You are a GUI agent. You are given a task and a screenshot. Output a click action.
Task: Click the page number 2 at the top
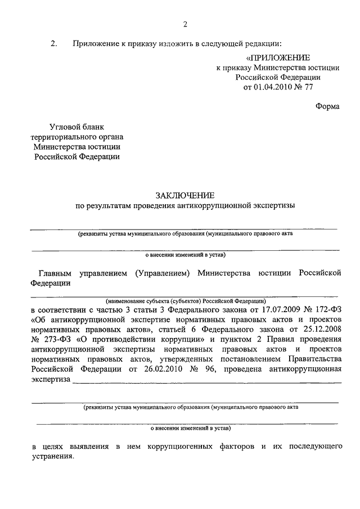pyautogui.click(x=184, y=23)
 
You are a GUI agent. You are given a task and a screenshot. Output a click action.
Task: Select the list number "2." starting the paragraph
pyautogui.click(x=54, y=43)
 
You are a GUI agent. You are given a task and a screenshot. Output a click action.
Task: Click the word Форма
pyautogui.click(x=327, y=107)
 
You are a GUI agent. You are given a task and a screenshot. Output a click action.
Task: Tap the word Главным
pyautogui.click(x=56, y=273)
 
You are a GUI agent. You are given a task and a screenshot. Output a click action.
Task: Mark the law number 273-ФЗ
pyautogui.click(x=51, y=340)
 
